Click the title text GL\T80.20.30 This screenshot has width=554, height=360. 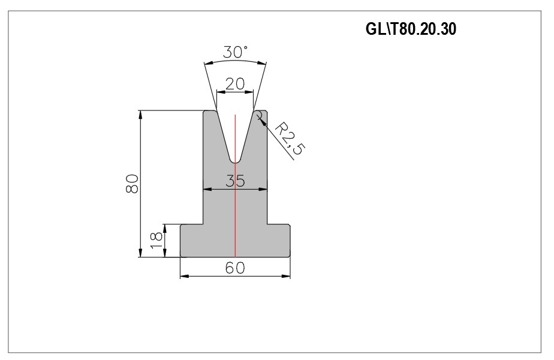click(x=411, y=29)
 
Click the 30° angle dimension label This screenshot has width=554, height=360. click(x=235, y=52)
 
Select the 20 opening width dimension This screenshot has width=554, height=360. click(x=235, y=84)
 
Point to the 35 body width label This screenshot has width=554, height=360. click(x=235, y=181)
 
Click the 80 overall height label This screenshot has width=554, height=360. click(x=132, y=184)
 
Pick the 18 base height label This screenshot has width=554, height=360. click(x=156, y=240)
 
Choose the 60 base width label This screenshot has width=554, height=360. click(x=235, y=268)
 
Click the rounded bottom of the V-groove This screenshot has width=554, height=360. click(x=235, y=161)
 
